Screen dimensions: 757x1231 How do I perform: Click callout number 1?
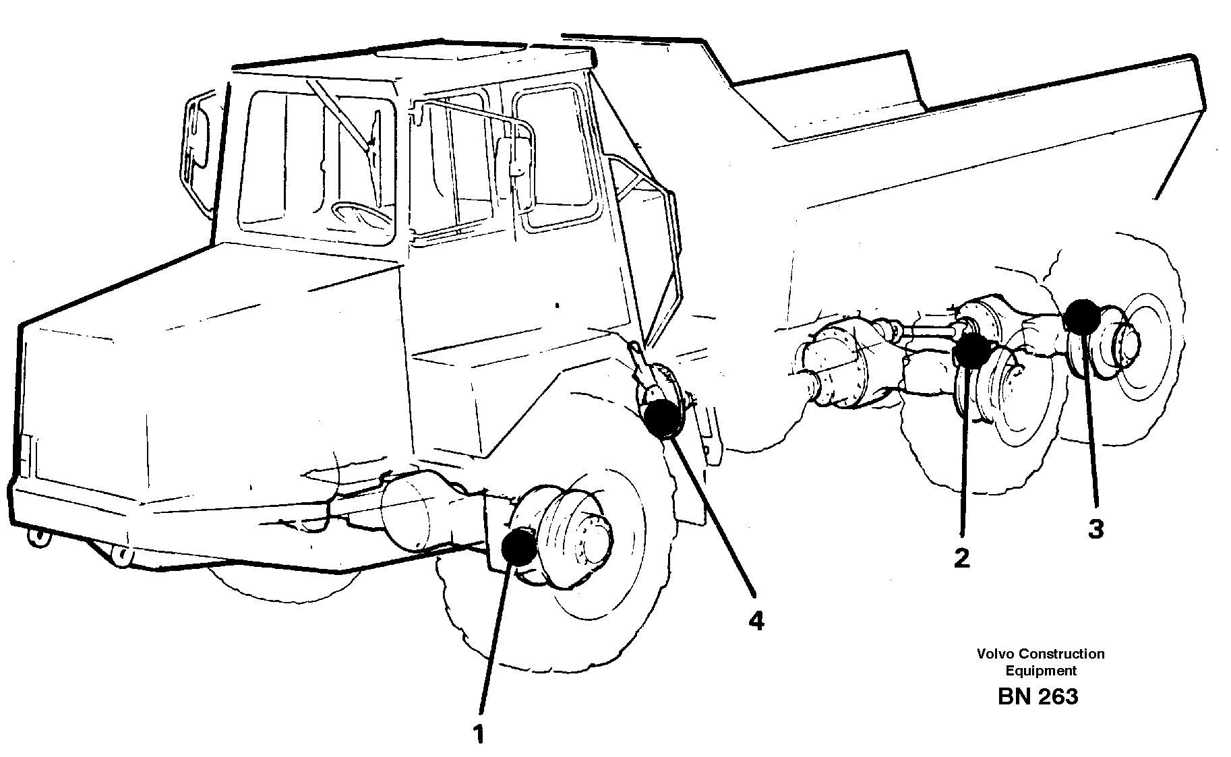pos(479,734)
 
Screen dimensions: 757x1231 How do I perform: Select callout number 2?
pos(961,557)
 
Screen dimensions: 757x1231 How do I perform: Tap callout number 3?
pos(1095,529)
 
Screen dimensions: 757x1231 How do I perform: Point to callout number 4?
pos(756,620)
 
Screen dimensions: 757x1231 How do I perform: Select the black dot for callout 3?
pos(1081,317)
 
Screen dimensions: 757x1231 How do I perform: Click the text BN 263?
pos(1038,696)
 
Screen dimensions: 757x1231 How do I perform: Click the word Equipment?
pos(1041,671)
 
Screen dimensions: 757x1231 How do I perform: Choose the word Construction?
pos(1061,653)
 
